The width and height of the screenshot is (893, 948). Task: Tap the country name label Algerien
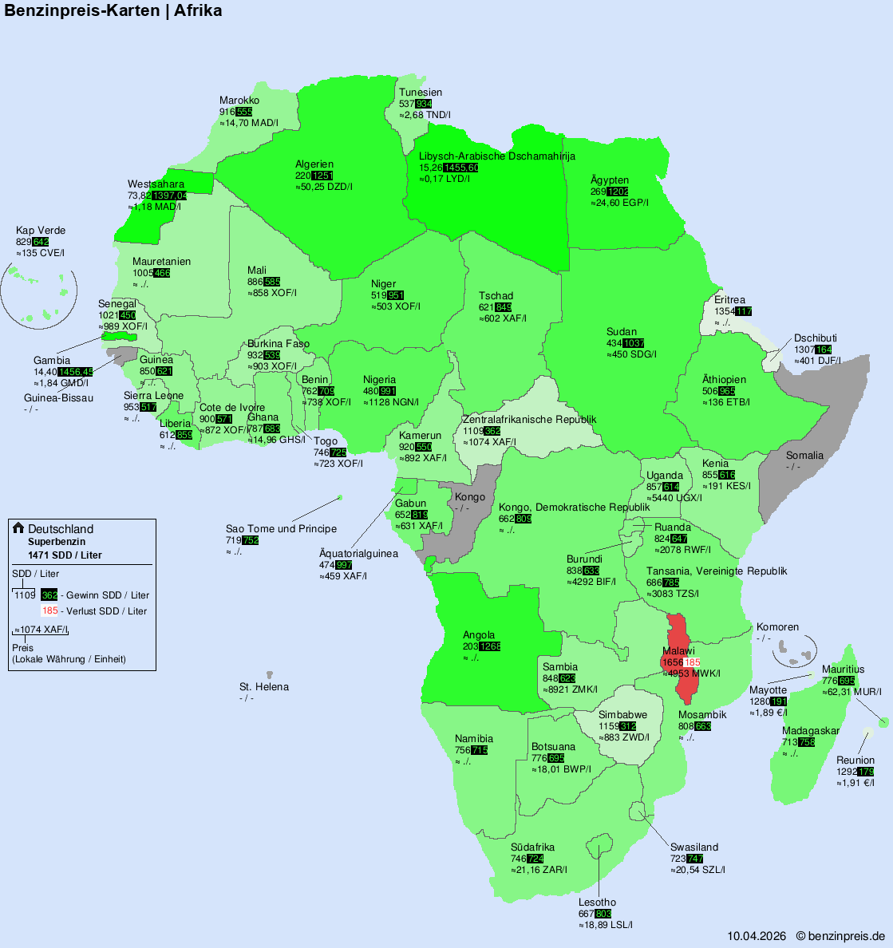pos(314,164)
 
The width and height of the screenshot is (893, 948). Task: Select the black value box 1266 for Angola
pos(490,646)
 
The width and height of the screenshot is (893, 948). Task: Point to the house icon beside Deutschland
pos(18,528)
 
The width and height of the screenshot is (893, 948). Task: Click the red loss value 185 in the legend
pos(50,611)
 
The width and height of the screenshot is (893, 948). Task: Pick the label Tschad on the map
pos(496,296)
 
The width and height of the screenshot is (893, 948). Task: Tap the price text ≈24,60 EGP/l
pos(619,203)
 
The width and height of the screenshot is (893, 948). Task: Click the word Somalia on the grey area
pos(804,456)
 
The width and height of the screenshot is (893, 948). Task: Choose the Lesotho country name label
pos(597,903)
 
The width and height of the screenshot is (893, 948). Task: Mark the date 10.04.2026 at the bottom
pos(757,936)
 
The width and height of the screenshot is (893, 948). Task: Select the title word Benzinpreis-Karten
pos(82,10)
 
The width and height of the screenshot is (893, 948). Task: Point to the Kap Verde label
pos(41,231)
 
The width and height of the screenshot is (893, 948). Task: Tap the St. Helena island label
pos(264,687)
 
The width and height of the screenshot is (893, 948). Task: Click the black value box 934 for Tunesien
pos(424,104)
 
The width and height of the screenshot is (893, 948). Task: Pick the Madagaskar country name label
pos(811,731)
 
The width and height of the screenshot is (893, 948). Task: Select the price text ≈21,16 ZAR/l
pos(539,870)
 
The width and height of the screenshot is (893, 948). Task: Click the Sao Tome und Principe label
pos(281,529)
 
